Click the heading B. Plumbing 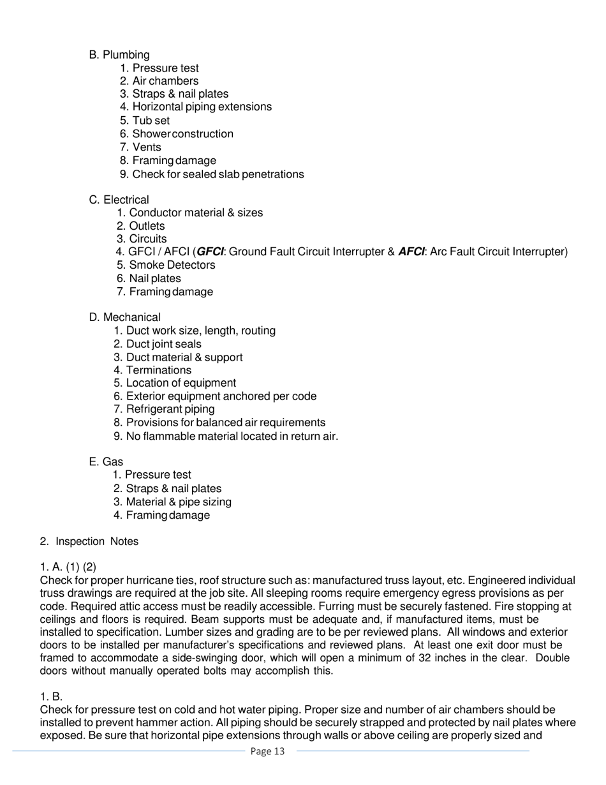pyautogui.click(x=119, y=55)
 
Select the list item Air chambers pyautogui.click(x=165, y=81)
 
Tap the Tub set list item pyautogui.click(x=151, y=121)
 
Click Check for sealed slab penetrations pyautogui.click(x=218, y=174)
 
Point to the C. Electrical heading pyautogui.click(x=119, y=200)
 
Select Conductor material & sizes pyautogui.click(x=195, y=213)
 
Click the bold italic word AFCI pyautogui.click(x=411, y=251)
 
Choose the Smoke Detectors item pyautogui.click(x=172, y=265)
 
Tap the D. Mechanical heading pyautogui.click(x=125, y=317)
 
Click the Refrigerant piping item pyautogui.click(x=170, y=409)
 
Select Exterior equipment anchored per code pyautogui.click(x=221, y=396)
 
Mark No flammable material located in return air pyautogui.click(x=232, y=437)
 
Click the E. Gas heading pyautogui.click(x=107, y=461)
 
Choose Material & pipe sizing pyautogui.click(x=179, y=502)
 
